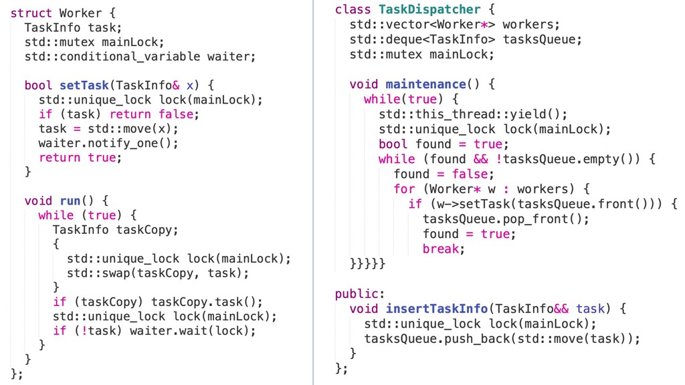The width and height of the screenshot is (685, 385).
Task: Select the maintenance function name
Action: coord(425,84)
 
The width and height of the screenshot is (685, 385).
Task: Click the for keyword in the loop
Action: coord(404,188)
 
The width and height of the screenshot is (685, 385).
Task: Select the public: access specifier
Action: coord(360,294)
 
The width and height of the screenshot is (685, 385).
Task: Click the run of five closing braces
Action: coord(367,264)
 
